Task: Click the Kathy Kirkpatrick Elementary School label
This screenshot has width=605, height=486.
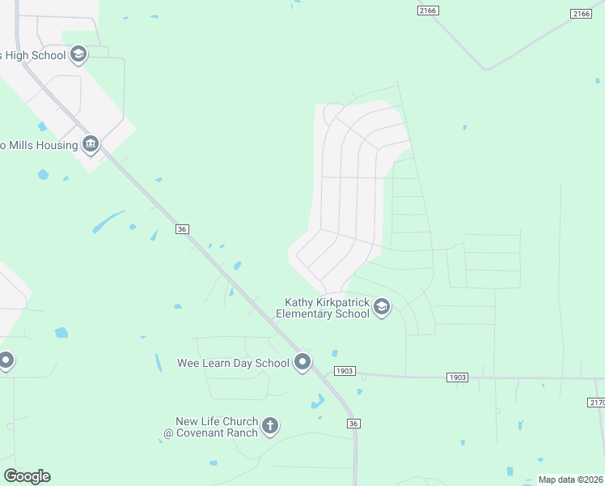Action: click(323, 308)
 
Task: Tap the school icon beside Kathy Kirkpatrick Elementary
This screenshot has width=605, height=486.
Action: click(382, 307)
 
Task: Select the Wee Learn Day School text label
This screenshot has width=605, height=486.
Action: click(233, 363)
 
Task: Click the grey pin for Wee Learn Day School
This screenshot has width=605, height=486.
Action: click(302, 362)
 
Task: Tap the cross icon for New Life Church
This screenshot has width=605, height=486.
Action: click(270, 425)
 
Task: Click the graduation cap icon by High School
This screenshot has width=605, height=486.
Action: click(78, 54)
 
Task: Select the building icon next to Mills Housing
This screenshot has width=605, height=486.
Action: click(90, 145)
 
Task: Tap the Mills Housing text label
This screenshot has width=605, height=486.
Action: click(39, 146)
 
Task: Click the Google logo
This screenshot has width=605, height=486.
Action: click(27, 476)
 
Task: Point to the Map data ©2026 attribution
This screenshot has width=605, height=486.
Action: click(570, 480)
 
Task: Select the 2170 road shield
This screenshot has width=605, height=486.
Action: click(595, 402)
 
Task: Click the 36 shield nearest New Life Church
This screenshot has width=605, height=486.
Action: click(353, 423)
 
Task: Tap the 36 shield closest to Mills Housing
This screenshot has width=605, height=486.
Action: click(182, 230)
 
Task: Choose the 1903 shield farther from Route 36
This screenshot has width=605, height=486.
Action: click(457, 377)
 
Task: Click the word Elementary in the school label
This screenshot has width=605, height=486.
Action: click(311, 313)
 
